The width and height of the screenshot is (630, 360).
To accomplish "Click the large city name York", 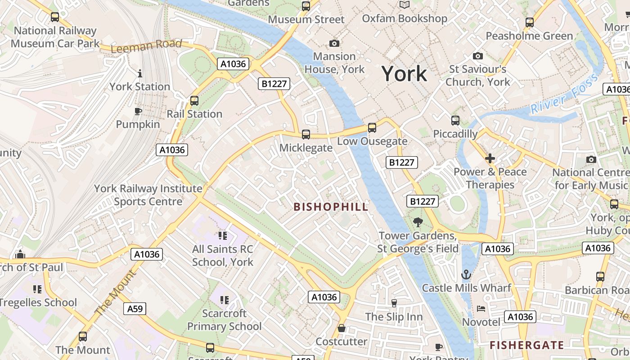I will [x=404, y=74].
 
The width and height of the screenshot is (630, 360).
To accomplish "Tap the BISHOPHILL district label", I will [x=331, y=207].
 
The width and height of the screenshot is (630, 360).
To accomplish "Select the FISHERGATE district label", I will [x=526, y=345].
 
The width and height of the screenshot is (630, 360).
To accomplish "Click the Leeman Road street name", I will [x=146, y=45].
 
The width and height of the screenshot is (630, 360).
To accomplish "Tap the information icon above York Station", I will [x=140, y=73].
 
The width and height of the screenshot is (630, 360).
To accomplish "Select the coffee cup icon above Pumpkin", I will [x=138, y=111].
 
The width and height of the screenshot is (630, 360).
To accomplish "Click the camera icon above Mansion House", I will [x=334, y=43].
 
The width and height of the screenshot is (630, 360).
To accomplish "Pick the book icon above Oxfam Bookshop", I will [x=405, y=5].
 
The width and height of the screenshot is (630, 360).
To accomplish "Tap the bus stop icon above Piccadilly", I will [x=455, y=121].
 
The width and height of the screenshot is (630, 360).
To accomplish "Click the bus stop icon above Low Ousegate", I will [x=372, y=127].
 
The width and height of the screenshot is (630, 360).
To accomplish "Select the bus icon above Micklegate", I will [x=306, y=134].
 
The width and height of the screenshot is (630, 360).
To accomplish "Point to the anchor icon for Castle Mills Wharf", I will [x=466, y=274].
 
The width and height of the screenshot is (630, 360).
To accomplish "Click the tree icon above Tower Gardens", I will [x=418, y=222].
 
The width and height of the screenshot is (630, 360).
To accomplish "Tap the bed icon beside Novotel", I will [x=481, y=309].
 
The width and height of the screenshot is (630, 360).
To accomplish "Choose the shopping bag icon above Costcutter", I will [x=342, y=328].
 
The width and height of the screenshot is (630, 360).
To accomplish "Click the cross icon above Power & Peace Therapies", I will [x=490, y=158].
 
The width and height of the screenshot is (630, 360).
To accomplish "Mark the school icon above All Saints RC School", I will [x=222, y=235].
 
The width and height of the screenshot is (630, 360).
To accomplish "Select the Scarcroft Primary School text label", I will [x=224, y=319].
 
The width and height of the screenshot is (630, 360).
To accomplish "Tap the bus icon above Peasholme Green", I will [x=530, y=22].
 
